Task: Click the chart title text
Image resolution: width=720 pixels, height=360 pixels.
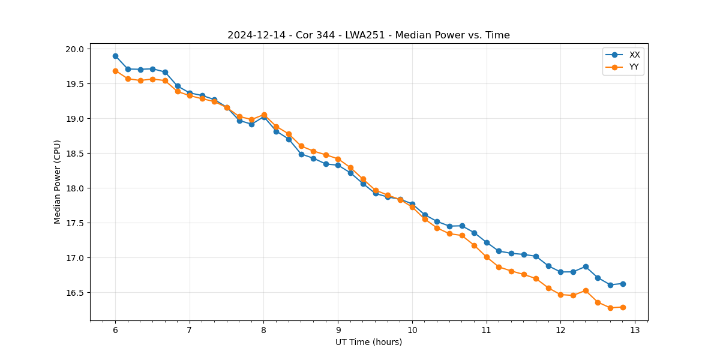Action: point(368,35)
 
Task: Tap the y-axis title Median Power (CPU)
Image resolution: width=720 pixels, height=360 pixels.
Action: point(58,182)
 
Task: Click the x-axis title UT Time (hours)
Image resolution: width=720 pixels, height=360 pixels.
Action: point(368,342)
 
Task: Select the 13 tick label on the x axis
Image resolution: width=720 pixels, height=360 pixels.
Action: point(635,330)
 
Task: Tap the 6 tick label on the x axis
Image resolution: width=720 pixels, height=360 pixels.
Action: point(115,330)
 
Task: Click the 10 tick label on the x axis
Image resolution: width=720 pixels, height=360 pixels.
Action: point(412,330)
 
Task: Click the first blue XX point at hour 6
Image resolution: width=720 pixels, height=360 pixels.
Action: point(115,56)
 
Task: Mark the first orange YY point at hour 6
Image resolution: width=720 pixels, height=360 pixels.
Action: point(115,71)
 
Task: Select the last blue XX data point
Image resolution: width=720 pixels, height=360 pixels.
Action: point(623,284)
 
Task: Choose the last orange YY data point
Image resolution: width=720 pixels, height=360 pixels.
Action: point(623,307)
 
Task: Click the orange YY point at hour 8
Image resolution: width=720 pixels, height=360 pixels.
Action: point(264,115)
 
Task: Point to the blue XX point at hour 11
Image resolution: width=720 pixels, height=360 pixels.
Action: point(487,242)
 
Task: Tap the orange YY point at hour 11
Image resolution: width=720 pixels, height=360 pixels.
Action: point(487,257)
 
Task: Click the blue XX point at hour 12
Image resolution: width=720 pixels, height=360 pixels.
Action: point(560,272)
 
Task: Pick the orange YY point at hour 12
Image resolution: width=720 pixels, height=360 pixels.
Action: point(560,295)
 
